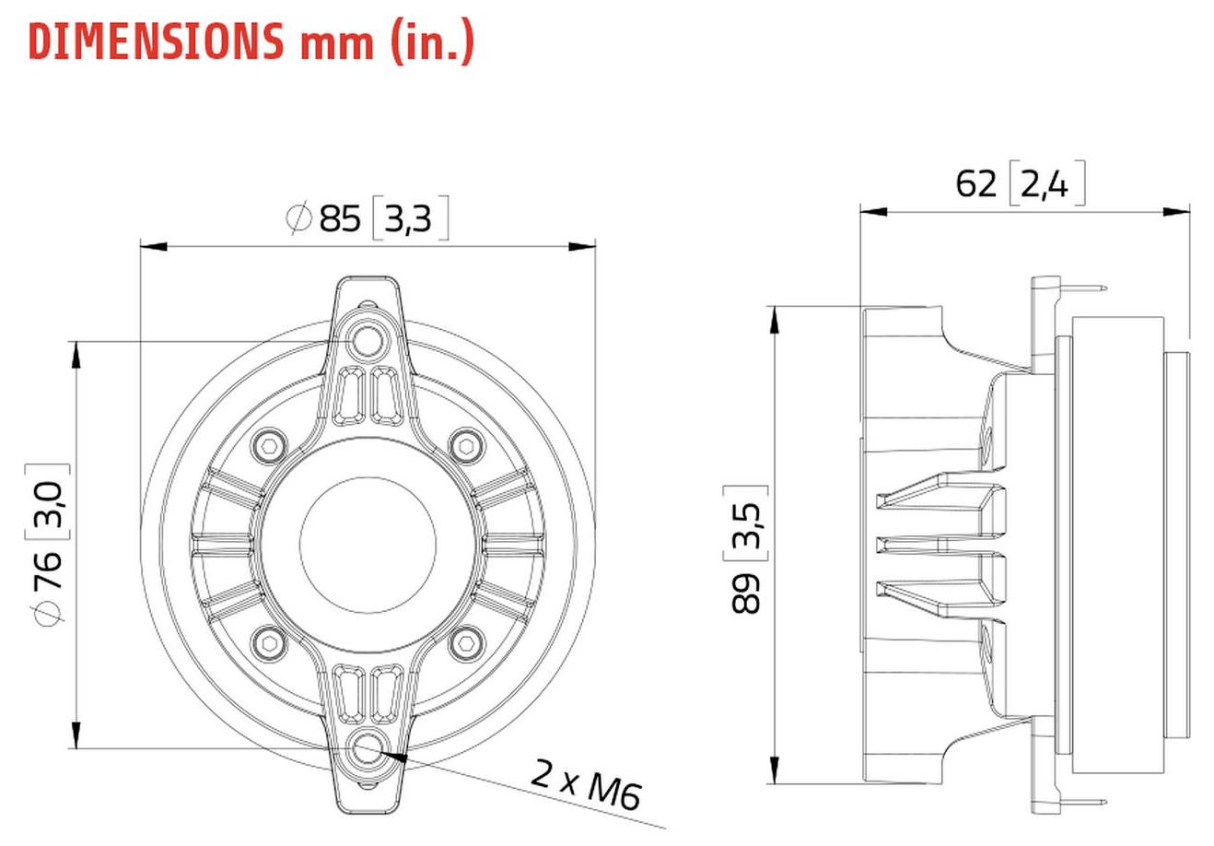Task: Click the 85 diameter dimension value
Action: [340, 219]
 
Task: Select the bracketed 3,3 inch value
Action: [410, 220]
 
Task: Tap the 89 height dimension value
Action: [746, 593]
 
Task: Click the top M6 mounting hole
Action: [368, 340]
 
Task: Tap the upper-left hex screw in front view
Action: [267, 445]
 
